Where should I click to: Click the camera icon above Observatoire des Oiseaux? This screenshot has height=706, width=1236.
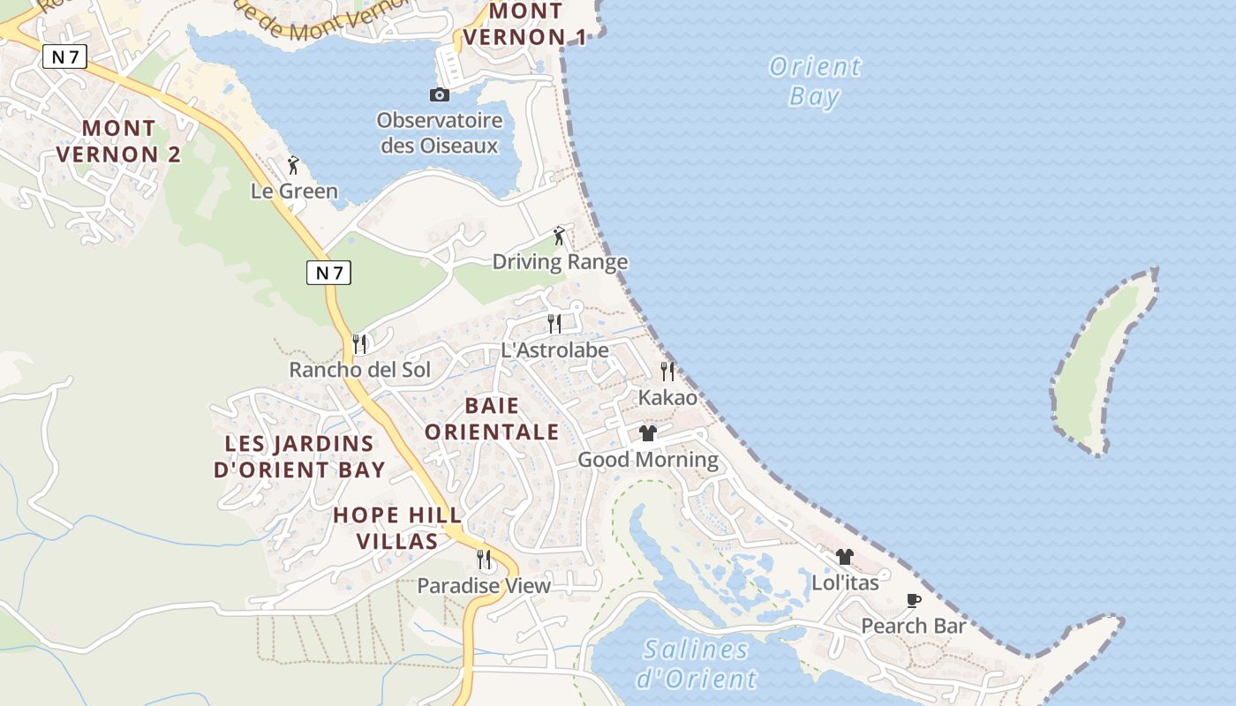point(439,94)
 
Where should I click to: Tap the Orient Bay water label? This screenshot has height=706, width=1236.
point(815,81)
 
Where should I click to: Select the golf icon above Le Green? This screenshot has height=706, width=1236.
point(294,165)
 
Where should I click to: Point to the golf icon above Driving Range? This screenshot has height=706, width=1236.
point(559,236)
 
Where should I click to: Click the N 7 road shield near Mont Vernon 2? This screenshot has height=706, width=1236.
point(64,57)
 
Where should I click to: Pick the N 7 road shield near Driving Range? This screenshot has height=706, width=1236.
point(328,273)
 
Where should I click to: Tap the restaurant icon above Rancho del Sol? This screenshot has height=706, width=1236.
point(359,343)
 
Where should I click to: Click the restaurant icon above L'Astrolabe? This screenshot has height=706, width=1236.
point(554,324)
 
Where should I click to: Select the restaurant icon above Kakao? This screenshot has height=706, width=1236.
point(667,372)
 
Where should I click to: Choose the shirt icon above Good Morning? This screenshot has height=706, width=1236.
point(648,433)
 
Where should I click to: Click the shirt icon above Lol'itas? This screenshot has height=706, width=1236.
point(845,557)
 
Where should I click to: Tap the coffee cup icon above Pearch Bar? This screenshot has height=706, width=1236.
point(914,601)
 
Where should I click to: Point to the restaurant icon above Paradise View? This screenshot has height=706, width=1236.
point(484,559)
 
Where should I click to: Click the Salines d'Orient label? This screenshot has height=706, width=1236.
point(696,664)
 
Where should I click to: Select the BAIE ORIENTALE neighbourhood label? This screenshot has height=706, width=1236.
point(492,418)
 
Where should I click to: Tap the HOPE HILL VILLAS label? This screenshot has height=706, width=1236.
point(397,528)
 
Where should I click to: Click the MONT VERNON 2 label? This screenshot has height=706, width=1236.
point(118,141)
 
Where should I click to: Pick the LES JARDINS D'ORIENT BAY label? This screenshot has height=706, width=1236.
point(300,456)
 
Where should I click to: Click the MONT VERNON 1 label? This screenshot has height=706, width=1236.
point(525,24)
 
